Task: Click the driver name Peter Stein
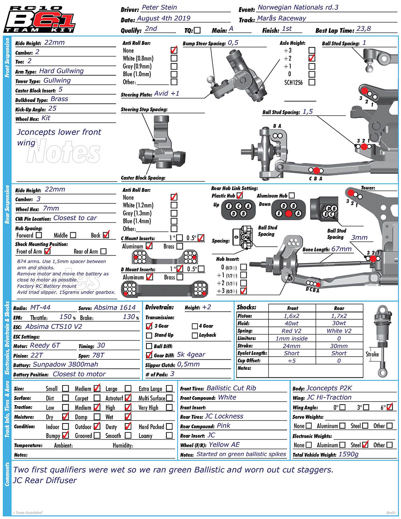[159, 8]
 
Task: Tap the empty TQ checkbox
[197, 30]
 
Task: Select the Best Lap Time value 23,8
[363, 29]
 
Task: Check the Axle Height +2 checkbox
[312, 58]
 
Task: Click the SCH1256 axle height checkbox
[312, 82]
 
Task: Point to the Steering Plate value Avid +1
[166, 93]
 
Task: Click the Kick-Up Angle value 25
[52, 109]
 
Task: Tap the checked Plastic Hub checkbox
[239, 196]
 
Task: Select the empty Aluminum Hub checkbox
[292, 196]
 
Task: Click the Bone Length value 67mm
[341, 249]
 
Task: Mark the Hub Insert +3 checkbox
[243, 291]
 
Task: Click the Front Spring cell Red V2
[292, 331]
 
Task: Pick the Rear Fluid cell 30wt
[339, 323]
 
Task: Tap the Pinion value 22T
[36, 355]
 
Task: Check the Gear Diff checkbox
[149, 355]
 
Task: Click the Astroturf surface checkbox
[128, 398]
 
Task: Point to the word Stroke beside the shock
[372, 354]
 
